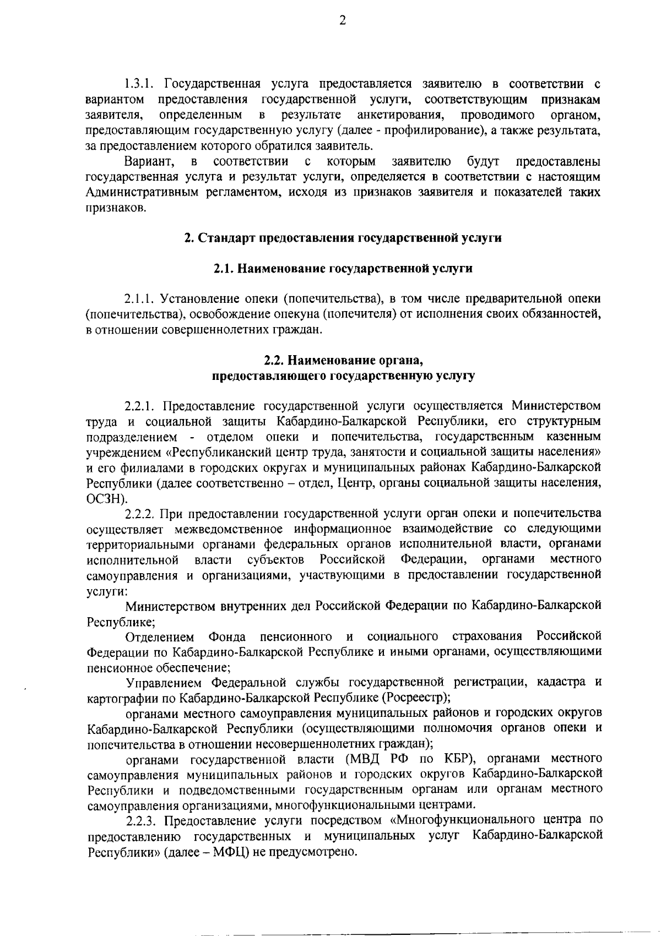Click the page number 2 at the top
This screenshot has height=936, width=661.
coord(342,21)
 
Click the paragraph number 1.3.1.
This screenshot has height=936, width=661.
coord(140,84)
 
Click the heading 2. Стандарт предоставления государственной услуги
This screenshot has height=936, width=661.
coord(342,238)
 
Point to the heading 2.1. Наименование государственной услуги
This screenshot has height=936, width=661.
coord(342,269)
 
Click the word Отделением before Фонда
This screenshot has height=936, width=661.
coord(160,637)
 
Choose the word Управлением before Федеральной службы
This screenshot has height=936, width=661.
coord(164,683)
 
